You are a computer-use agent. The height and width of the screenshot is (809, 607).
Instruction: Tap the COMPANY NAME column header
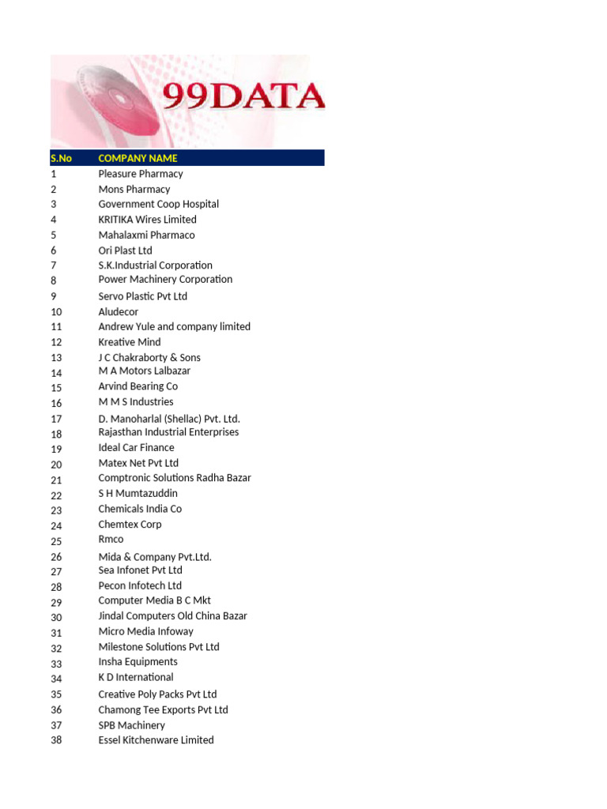[138, 158]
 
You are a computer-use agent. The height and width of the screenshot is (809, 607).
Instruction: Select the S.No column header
[61, 158]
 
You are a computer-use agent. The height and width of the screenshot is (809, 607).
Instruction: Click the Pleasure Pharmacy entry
[140, 174]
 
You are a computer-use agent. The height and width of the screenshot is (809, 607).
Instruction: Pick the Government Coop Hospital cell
[158, 204]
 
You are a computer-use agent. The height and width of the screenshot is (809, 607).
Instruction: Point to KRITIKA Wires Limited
[147, 220]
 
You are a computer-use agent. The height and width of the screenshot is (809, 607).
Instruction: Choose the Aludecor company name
[118, 312]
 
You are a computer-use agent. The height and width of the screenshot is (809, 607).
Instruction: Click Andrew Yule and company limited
[174, 326]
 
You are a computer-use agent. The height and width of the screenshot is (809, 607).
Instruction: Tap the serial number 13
[56, 358]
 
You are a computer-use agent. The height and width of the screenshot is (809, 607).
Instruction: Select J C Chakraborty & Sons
[149, 358]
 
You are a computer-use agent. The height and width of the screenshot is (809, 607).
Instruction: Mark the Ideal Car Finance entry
[136, 447]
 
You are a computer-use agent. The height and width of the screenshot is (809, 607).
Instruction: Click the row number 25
[56, 542]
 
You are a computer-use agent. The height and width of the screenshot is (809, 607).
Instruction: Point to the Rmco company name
[111, 540]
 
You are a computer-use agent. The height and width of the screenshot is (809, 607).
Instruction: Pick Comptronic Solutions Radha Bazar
[175, 478]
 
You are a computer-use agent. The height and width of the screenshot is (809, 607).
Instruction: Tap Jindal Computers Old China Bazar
[172, 616]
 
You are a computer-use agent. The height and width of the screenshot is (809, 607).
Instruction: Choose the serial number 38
[56, 740]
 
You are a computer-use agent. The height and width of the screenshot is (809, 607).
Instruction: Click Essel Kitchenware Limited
[156, 740]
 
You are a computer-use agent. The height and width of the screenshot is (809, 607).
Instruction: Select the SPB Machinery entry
[131, 725]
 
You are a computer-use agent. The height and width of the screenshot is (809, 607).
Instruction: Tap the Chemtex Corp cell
[130, 525]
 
